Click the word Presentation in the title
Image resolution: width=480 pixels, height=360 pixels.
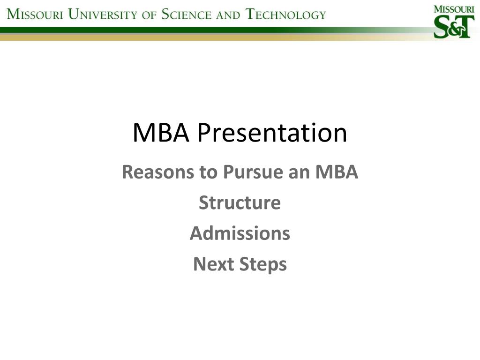coord(272,133)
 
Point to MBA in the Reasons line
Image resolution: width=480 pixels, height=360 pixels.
coord(337,172)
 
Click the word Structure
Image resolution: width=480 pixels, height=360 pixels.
coord(240,203)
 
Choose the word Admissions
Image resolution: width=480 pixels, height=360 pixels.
coord(240,233)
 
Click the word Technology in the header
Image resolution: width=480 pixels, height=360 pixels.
coord(286,14)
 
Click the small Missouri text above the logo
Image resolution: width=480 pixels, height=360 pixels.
coord(453,9)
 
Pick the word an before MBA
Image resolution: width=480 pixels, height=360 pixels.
coord(300,172)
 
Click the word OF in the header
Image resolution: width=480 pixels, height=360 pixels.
coord(149,15)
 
